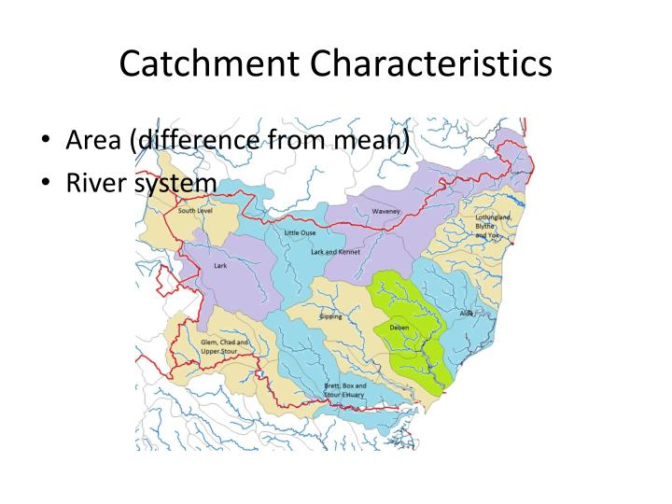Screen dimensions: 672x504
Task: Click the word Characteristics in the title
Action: click(x=432, y=64)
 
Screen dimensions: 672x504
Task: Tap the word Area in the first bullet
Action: click(x=96, y=142)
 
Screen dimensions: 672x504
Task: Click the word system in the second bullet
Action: click(x=175, y=183)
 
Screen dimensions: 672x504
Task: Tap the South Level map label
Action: click(x=197, y=212)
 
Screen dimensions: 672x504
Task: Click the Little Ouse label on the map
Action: click(x=301, y=231)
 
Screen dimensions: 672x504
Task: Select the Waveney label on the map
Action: click(x=385, y=212)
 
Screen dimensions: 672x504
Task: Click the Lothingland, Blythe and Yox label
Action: click(x=492, y=227)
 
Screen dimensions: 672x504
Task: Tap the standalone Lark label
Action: click(x=220, y=265)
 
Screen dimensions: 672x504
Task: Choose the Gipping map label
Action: click(x=330, y=316)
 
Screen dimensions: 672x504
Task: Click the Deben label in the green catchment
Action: click(x=398, y=328)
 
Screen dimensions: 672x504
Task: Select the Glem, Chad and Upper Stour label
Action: click(x=225, y=347)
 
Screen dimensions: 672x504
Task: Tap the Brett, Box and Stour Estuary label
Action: click(x=344, y=390)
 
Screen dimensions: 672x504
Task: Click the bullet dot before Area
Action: click(x=46, y=143)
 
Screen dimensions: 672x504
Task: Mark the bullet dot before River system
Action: click(x=46, y=184)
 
